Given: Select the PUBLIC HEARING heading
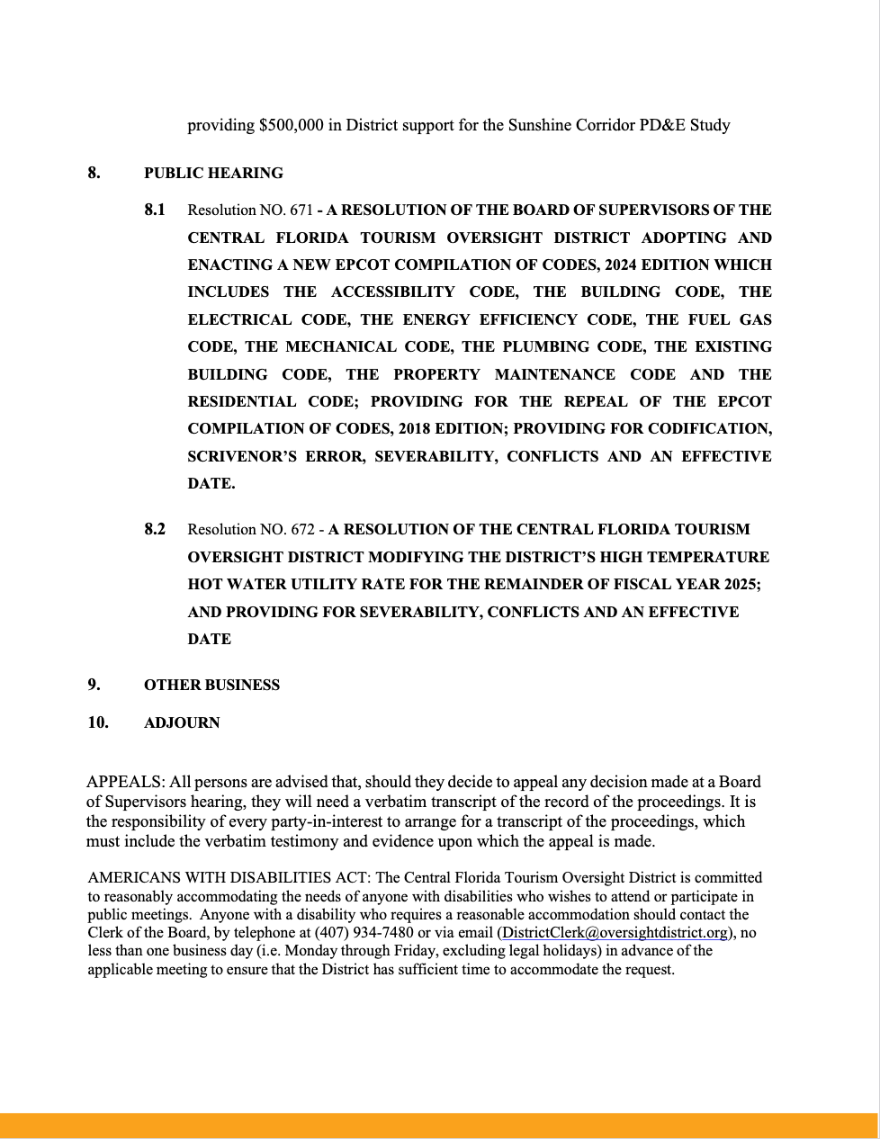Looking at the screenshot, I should (x=213, y=173).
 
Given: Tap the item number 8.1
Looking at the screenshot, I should (x=155, y=210).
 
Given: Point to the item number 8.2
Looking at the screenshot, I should (x=155, y=529).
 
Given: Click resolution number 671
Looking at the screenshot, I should (x=301, y=211).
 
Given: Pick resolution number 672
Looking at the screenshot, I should (x=301, y=530).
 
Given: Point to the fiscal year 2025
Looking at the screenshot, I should (x=741, y=584).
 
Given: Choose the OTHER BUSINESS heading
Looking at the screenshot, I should (x=211, y=685).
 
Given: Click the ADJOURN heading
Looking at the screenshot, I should (x=182, y=722).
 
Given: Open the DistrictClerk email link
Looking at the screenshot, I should (x=614, y=933).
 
